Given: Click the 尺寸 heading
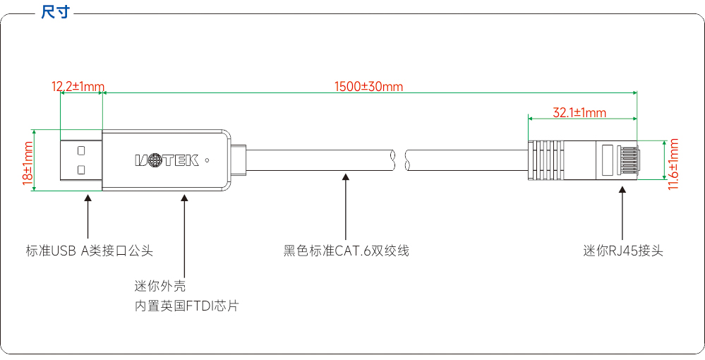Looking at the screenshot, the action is tap(55, 12).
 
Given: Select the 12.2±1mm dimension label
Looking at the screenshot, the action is tap(78, 86).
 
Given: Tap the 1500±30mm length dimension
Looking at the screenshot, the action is tap(368, 86).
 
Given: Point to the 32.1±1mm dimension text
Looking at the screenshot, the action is tap(579, 112).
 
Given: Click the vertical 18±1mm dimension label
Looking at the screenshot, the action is tap(28, 161).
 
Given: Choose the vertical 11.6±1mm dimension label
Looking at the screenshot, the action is tap(673, 164).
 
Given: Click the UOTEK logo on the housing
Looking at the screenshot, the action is tap(167, 160).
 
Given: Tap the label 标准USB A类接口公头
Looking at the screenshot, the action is tap(90, 251).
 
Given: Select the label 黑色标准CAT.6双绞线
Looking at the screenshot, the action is tap(347, 251).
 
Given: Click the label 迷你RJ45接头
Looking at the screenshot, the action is tap(623, 251).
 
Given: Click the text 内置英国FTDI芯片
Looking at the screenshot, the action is tap(186, 306).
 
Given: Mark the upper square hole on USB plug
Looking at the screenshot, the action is tap(81, 150).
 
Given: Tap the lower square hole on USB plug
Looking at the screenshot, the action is tap(81, 169).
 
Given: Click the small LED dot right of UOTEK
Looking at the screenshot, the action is tap(207, 160).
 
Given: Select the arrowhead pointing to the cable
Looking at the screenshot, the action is tap(345, 178).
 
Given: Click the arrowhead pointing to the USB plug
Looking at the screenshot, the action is tap(88, 198).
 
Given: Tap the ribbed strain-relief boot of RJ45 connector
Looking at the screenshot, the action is tap(546, 160).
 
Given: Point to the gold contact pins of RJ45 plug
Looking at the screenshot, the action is tap(627, 160).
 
